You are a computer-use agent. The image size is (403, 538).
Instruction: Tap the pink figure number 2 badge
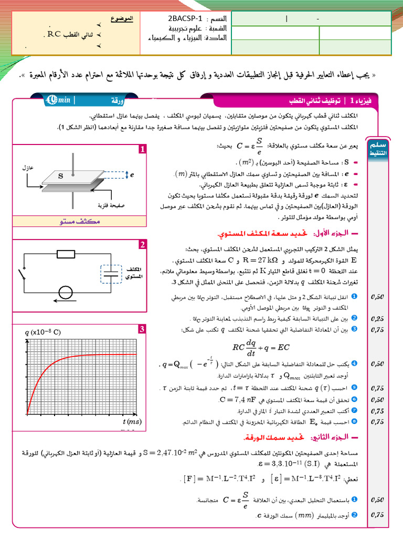[x=142, y=245]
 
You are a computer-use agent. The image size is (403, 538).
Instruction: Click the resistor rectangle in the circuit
[x=67, y=255]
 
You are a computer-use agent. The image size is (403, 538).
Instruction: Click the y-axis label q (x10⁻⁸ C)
[x=43, y=332]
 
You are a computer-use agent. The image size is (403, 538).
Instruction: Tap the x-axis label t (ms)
[x=132, y=421]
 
